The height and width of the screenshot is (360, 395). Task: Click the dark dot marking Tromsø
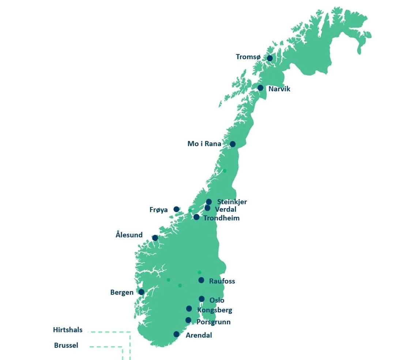click(270, 58)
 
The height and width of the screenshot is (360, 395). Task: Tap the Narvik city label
click(279, 89)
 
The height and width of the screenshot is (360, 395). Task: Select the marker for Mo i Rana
click(233, 144)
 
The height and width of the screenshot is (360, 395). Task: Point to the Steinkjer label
click(232, 202)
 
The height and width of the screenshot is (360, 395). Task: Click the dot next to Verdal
click(207, 208)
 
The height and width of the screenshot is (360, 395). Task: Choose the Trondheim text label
click(221, 218)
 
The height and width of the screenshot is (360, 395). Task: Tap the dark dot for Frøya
click(176, 209)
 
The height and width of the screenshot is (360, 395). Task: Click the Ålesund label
click(129, 235)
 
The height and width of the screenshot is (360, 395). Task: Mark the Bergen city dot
click(141, 292)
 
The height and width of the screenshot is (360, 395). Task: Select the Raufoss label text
click(222, 281)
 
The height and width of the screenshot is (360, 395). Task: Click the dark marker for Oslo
click(202, 299)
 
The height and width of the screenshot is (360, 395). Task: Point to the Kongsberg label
click(214, 310)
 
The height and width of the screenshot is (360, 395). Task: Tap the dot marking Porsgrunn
click(188, 320)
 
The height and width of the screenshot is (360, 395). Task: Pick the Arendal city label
click(199, 335)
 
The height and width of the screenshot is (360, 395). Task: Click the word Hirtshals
click(68, 330)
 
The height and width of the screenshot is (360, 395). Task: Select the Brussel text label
click(66, 345)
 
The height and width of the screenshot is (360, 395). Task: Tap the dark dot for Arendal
click(176, 334)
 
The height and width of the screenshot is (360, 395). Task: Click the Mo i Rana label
click(204, 144)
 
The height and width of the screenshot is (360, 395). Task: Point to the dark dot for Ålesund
click(155, 238)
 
